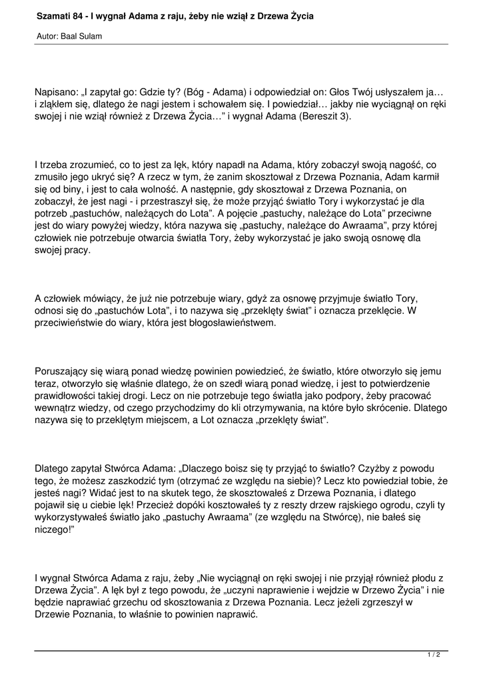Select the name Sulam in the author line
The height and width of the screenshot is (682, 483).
coord(90,36)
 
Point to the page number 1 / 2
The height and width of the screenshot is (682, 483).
coord(434,655)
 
